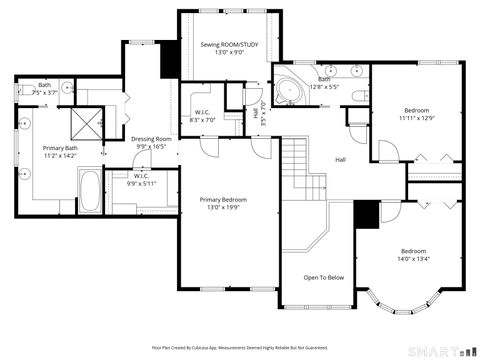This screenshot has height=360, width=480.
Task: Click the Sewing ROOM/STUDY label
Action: pyautogui.click(x=228, y=44)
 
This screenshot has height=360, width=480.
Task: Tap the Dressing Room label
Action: pyautogui.click(x=152, y=139)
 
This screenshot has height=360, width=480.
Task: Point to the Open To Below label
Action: pyautogui.click(x=324, y=278)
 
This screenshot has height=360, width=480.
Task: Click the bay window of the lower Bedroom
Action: pyautogui.click(x=400, y=297)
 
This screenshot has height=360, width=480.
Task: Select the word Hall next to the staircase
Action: pyautogui.click(x=341, y=159)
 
